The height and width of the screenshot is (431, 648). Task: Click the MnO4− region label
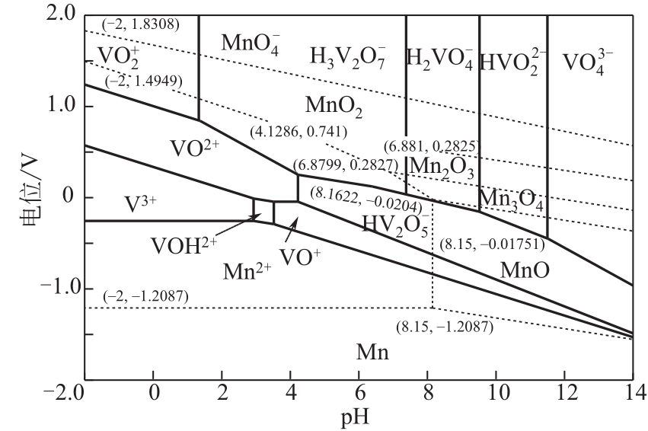251,42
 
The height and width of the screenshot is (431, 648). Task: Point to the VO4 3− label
588,59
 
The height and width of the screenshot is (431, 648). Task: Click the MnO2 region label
333,104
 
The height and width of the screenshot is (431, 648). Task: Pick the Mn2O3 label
442,168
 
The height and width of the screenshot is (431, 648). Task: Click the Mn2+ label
247,271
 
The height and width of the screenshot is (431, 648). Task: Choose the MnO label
525,269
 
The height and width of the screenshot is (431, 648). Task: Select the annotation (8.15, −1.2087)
444,327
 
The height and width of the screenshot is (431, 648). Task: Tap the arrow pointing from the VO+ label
292,227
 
